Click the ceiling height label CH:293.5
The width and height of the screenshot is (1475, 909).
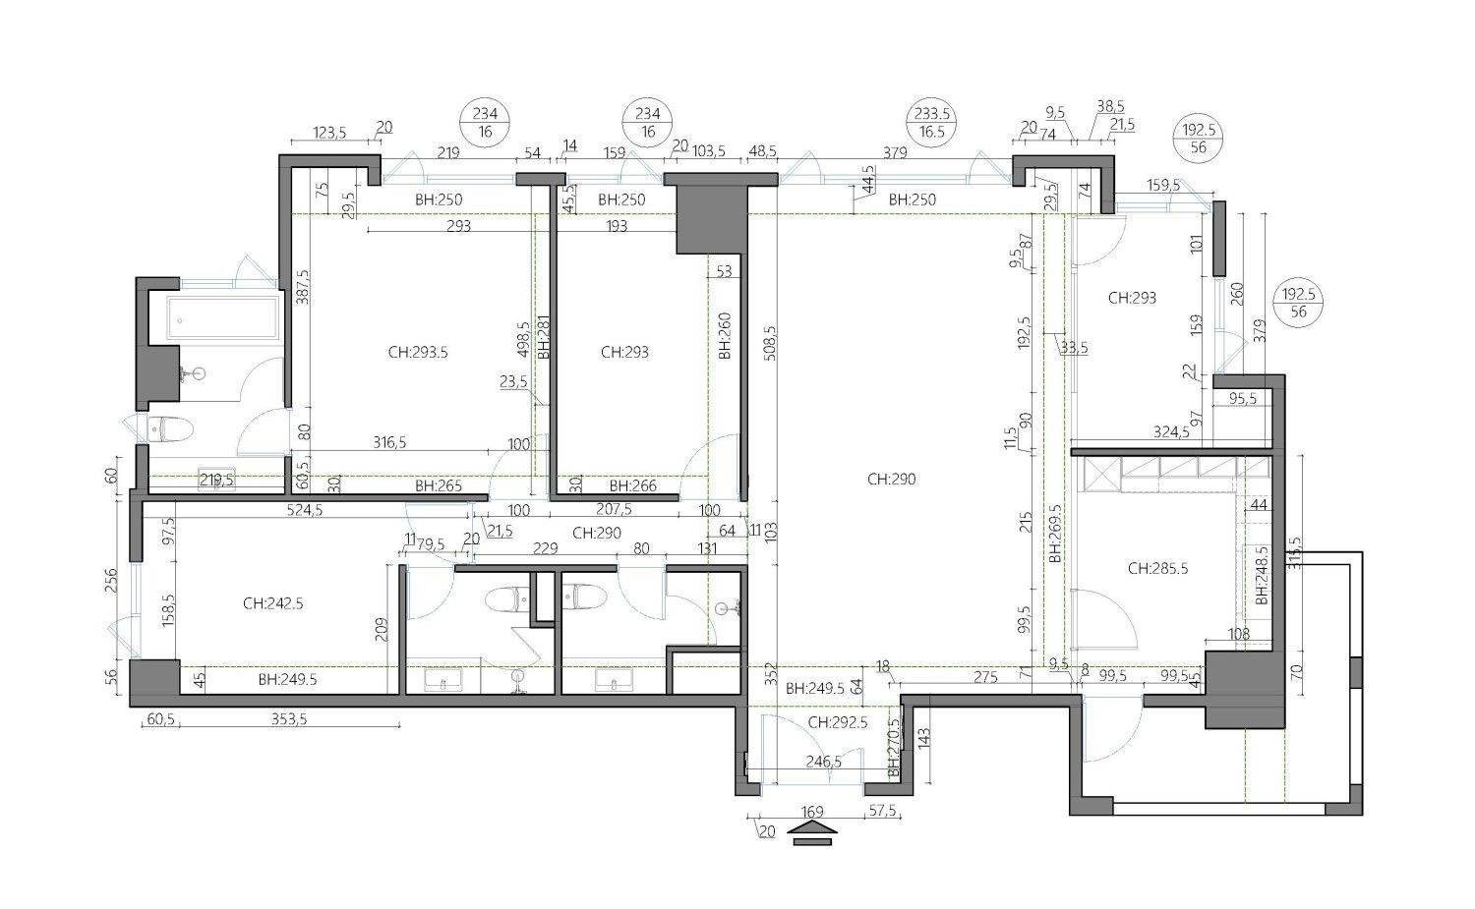click(418, 352)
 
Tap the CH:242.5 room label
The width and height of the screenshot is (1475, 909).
click(272, 603)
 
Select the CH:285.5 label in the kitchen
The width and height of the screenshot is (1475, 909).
click(1157, 568)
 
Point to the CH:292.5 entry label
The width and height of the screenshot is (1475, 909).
click(838, 722)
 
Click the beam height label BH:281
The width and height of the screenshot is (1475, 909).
click(544, 336)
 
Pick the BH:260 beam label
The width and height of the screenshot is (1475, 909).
click(725, 336)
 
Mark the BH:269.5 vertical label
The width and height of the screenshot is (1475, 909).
click(1055, 534)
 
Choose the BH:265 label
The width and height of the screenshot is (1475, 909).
click(438, 486)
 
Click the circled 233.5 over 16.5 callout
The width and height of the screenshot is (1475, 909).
click(932, 123)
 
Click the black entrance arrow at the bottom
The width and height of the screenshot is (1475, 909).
click(812, 832)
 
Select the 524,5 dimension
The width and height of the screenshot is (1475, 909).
click(305, 510)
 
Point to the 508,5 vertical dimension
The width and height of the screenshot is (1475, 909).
click(770, 343)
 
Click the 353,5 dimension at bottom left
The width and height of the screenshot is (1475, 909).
click(289, 719)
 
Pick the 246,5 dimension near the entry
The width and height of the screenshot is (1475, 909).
click(824, 762)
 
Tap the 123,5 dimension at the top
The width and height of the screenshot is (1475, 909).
click(329, 133)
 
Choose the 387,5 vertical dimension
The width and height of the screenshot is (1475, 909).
click(302, 286)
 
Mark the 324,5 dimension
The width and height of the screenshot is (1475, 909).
click(1171, 432)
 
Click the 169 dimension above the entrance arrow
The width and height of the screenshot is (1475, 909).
click(812, 812)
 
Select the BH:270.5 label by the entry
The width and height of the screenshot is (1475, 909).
click(894, 748)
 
